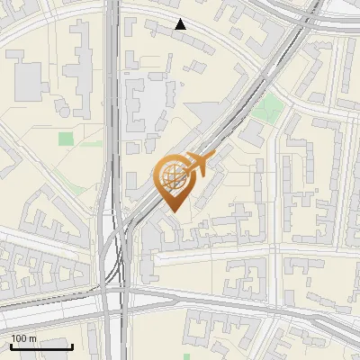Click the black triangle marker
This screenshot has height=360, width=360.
click(x=181, y=24)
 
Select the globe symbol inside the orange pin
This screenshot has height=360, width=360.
click(x=171, y=176)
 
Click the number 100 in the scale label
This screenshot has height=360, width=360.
click(x=20, y=338)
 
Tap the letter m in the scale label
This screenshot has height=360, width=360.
click(x=33, y=338)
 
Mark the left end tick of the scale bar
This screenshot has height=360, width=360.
click(x=11, y=346)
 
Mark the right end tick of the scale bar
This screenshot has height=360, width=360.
click(x=72, y=346)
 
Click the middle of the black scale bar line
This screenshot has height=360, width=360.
click(x=41, y=347)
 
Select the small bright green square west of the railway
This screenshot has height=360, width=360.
click(x=66, y=139)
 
